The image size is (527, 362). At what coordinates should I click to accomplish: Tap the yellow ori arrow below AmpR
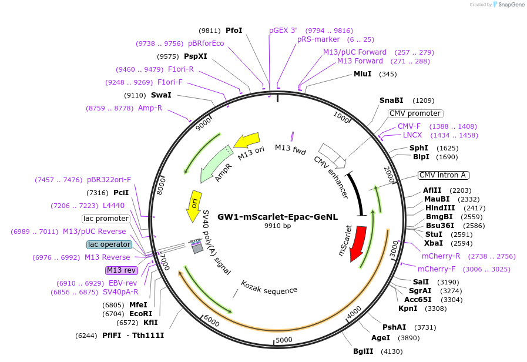[x=193, y=206]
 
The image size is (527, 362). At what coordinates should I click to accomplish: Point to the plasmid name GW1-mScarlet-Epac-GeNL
[x=277, y=217]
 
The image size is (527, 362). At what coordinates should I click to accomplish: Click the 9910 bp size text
[x=277, y=226]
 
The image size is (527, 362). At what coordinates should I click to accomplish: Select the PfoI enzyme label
[x=234, y=31]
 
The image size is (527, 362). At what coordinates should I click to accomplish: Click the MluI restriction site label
[x=362, y=74]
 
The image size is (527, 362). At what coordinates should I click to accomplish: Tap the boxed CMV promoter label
[x=415, y=113]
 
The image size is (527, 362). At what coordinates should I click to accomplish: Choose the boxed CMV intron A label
[x=442, y=175]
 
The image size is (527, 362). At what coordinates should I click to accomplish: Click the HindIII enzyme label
[x=437, y=208]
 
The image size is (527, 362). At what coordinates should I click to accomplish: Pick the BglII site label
[x=362, y=351]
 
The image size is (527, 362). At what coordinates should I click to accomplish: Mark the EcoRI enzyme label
[x=141, y=314]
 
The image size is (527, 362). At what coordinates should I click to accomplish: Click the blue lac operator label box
[x=109, y=244]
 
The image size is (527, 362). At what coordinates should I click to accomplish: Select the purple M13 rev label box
[x=121, y=270]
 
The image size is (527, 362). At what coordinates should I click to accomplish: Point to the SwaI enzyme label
[x=161, y=95]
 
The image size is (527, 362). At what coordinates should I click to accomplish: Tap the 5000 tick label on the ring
[x=284, y=340]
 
